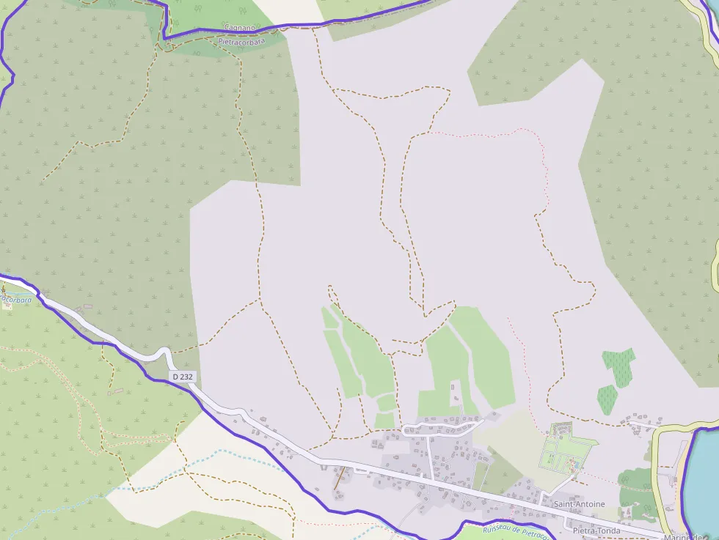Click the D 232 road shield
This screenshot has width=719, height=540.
click(x=183, y=377)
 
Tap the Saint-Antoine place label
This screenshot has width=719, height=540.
click(x=579, y=504)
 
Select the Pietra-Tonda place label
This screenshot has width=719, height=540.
click(x=596, y=530)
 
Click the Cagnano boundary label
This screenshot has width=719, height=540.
click(x=239, y=27)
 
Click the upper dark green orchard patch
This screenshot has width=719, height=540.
click(x=618, y=364)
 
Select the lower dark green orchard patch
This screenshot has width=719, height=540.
click(x=607, y=399)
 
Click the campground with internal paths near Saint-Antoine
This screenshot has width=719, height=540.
click(x=566, y=451)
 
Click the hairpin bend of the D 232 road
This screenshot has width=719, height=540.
click(x=168, y=355)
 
